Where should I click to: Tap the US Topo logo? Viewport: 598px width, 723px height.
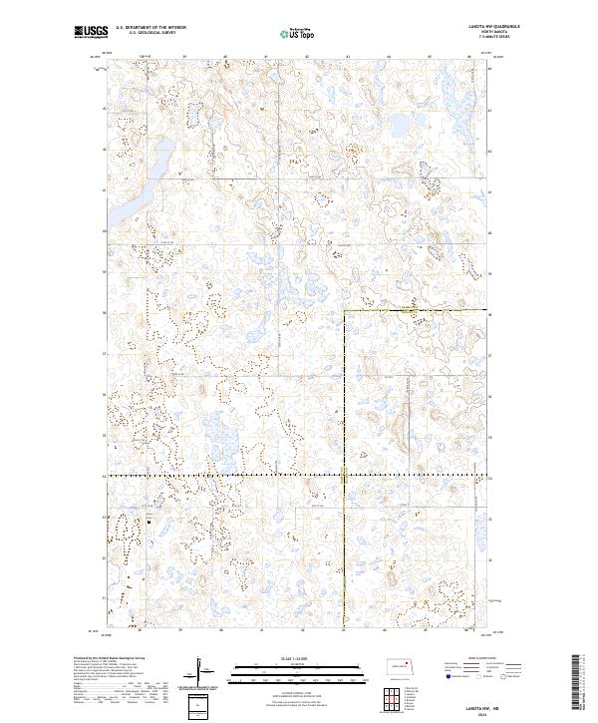point(296,32)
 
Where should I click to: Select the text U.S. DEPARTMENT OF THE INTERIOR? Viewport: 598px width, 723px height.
point(150,28)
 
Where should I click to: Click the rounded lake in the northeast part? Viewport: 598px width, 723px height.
point(399,126)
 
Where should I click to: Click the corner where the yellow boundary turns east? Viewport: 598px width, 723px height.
point(344,311)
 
